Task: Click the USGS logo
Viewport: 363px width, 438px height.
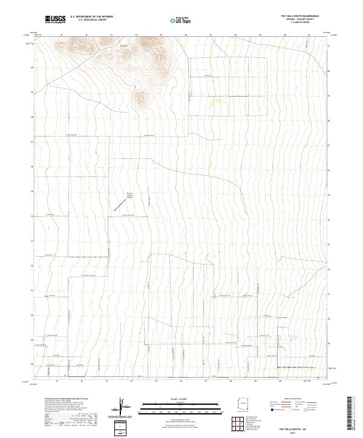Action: [x=55, y=19]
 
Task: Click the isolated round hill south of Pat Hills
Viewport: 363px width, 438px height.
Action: [x=142, y=99]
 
